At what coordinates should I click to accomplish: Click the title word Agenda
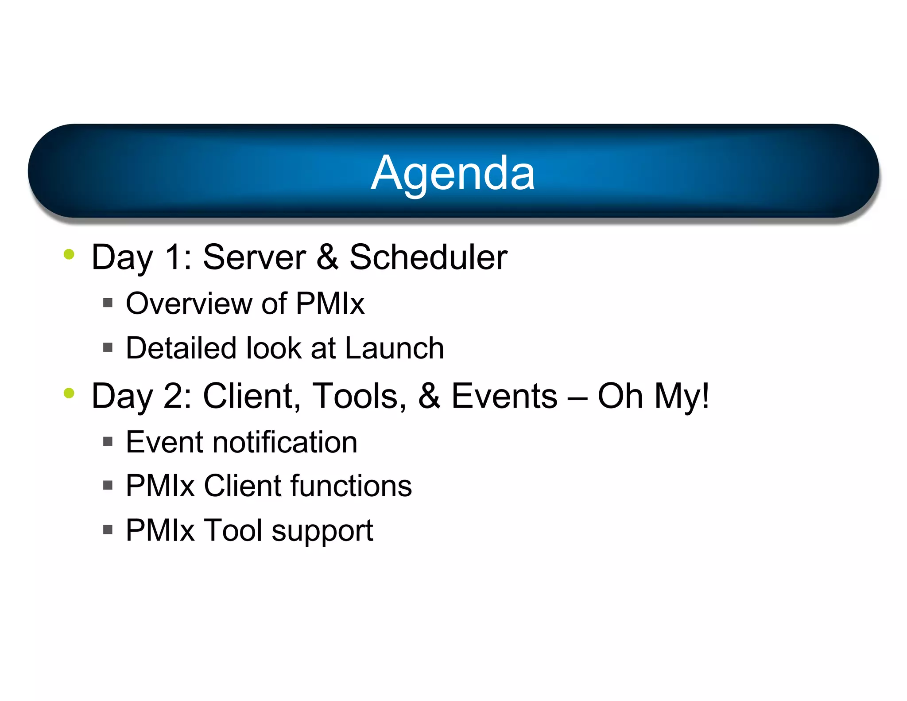point(453,174)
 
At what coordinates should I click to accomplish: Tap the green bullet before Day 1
point(69,254)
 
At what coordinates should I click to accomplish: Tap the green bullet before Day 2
point(69,393)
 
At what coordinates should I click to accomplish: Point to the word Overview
point(189,304)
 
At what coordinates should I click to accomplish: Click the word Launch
point(394,348)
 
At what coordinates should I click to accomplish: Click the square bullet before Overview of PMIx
point(108,303)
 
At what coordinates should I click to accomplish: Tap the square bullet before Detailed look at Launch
point(108,347)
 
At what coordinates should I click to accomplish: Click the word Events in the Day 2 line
point(504,396)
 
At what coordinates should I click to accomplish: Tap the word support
point(322,531)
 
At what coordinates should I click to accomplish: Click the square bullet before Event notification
point(108,441)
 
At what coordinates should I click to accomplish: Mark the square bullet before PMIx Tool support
point(108,530)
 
